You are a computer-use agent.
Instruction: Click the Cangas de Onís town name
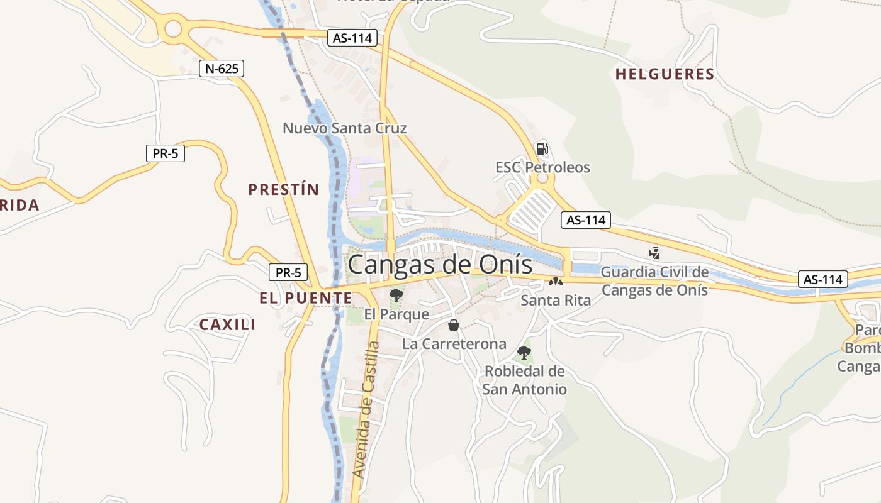[440, 264]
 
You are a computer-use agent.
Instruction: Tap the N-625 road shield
[222, 69]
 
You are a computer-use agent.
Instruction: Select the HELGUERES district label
[665, 74]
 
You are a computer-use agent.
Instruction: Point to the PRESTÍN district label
[284, 189]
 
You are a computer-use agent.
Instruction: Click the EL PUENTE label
[305, 298]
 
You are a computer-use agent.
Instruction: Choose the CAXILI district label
[227, 324]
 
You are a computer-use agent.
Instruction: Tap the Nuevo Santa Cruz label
[344, 128]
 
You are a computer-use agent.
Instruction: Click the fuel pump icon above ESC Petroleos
[541, 149]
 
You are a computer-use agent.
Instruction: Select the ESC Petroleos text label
[542, 167]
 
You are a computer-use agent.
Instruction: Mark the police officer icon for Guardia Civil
[654, 253]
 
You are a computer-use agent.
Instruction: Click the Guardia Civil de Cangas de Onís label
[654, 281]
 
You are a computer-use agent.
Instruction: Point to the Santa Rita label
[556, 301]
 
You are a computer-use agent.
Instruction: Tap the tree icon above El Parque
[396, 295]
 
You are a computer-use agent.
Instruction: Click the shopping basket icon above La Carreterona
[453, 325]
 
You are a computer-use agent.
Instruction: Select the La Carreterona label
[454, 344]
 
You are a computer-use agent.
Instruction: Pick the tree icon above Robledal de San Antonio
[524, 352]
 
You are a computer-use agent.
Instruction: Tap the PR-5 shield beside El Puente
[288, 273]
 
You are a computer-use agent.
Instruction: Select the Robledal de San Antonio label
[524, 380]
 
